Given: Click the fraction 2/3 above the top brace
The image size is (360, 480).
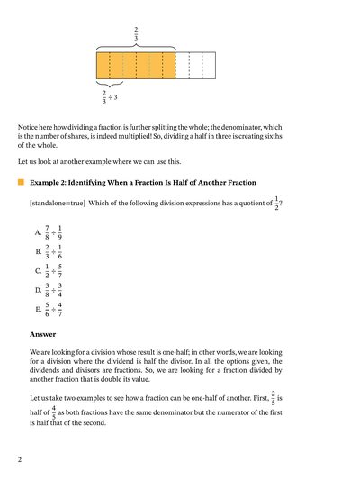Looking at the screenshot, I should point(136,34).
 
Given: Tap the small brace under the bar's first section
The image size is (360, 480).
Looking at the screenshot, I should point(109,84).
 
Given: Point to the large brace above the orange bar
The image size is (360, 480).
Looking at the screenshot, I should point(136,46).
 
